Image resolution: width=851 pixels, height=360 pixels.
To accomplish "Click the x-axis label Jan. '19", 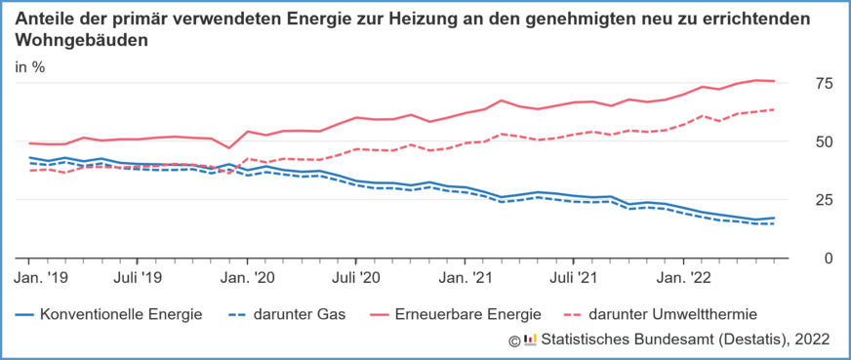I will click(x=42, y=278).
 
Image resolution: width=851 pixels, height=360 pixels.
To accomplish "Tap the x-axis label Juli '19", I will click(x=138, y=278).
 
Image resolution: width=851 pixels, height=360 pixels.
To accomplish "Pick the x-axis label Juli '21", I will click(x=575, y=278).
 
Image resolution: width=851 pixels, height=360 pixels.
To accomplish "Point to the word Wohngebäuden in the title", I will click(x=83, y=42).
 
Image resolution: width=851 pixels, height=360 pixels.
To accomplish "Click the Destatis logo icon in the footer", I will click(x=530, y=340).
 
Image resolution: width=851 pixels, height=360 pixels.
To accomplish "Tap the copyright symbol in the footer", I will click(x=514, y=340).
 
